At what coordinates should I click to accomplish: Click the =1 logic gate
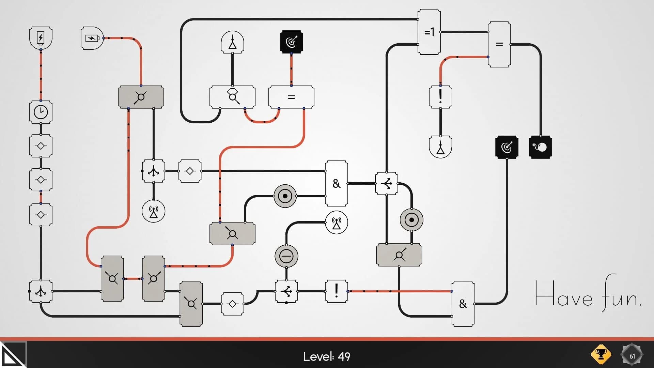(x=429, y=32)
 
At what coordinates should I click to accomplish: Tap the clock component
(x=41, y=112)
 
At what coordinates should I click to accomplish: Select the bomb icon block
(x=540, y=147)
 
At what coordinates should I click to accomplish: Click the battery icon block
(x=92, y=38)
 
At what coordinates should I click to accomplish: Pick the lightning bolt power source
(x=41, y=37)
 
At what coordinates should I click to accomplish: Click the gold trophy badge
(x=601, y=355)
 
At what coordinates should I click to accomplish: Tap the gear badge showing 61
(x=632, y=356)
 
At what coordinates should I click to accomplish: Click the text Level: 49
(x=327, y=356)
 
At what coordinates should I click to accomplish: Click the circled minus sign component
(x=286, y=256)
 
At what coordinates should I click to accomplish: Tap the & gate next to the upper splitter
(x=336, y=183)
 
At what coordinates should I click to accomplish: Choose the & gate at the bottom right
(x=463, y=304)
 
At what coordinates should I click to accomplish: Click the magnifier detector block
(x=232, y=97)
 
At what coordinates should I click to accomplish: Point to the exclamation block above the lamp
(x=440, y=97)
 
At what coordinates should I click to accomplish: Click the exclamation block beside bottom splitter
(x=336, y=291)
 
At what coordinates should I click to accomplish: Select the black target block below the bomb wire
(x=507, y=147)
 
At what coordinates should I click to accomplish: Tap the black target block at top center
(x=291, y=42)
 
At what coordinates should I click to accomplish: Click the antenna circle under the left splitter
(x=153, y=211)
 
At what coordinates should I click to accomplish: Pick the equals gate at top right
(x=499, y=44)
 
